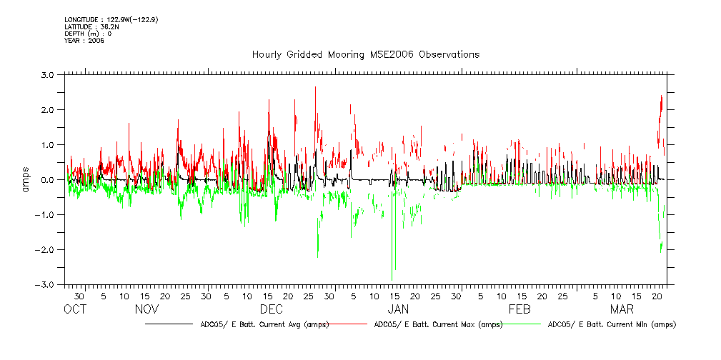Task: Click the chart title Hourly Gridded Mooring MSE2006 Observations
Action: (365, 54)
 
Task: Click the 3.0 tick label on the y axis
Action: (48, 74)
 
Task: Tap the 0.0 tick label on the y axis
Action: (48, 179)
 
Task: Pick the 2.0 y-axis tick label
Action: (48, 109)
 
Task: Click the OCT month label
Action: (75, 310)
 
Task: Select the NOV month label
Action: (146, 310)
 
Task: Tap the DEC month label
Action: (271, 310)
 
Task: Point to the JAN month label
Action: (397, 310)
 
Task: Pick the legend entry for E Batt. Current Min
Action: (611, 324)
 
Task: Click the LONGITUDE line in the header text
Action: (111, 19)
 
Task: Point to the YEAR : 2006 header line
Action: (84, 41)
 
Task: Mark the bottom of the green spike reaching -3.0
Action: (392, 280)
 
